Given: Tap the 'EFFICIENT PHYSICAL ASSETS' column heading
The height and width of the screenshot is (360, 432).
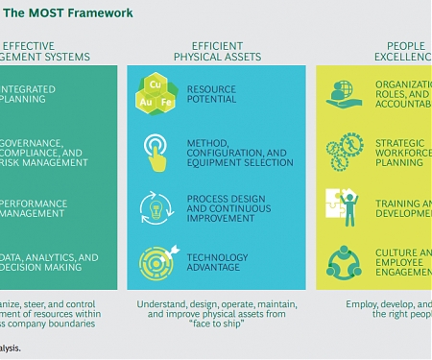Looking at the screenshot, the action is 216,51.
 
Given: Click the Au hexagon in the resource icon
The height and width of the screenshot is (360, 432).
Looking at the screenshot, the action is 145,100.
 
